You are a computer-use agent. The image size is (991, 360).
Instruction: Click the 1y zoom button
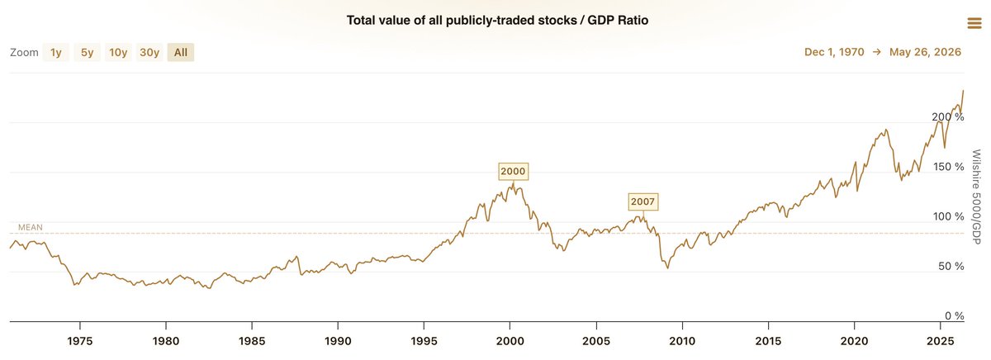pyautogui.click(x=56, y=52)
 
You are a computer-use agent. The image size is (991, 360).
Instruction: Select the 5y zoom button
pyautogui.click(x=87, y=52)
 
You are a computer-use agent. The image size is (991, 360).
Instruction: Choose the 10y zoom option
pyautogui.click(x=118, y=52)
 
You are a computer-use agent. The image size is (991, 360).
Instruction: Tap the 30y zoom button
pyautogui.click(x=149, y=52)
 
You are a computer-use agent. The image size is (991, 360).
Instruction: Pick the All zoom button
pyautogui.click(x=181, y=52)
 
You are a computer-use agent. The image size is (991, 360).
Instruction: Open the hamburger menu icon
pyautogui.click(x=974, y=23)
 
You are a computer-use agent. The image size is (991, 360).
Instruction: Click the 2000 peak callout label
pyautogui.click(x=513, y=171)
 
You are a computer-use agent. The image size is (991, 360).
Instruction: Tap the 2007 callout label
pyautogui.click(x=642, y=201)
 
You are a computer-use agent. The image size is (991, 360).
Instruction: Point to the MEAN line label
pyautogui.click(x=31, y=227)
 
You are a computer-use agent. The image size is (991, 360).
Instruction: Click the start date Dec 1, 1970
pyautogui.click(x=834, y=52)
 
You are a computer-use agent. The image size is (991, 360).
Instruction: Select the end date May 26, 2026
pyautogui.click(x=925, y=52)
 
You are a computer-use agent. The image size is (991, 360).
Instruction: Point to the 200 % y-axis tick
pyautogui.click(x=948, y=116)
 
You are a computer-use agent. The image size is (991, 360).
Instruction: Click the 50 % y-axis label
pyautogui.click(x=951, y=266)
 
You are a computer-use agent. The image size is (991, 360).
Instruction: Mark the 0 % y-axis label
pyautogui.click(x=955, y=315)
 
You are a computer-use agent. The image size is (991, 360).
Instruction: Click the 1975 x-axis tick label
pyautogui.click(x=80, y=341)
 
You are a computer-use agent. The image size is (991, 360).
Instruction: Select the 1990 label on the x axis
pyautogui.click(x=338, y=341)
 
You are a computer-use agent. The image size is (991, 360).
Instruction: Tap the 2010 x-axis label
pyautogui.click(x=682, y=341)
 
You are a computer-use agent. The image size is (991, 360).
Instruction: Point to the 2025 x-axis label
pyautogui.click(x=940, y=341)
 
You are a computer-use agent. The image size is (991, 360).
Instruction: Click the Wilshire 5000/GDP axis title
pyautogui.click(x=977, y=197)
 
